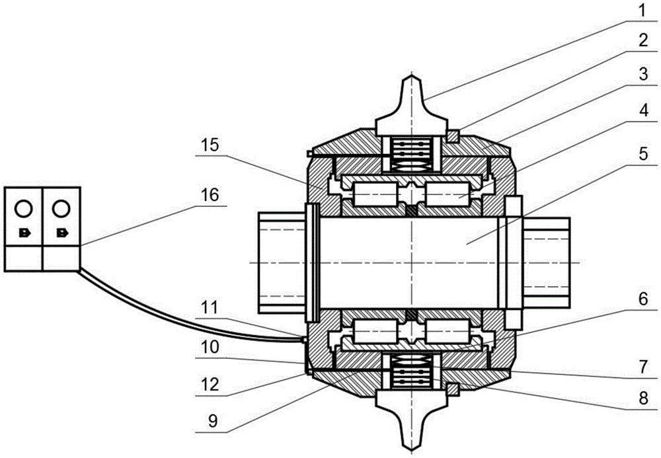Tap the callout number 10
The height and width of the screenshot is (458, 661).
[210, 348]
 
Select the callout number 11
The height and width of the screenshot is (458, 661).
[210, 307]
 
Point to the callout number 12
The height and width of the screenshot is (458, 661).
[210, 385]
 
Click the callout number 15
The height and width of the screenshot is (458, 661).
[210, 145]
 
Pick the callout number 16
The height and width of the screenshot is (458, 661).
[210, 195]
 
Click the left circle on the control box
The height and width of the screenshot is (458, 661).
[23, 208]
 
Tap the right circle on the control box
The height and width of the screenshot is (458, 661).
[61, 208]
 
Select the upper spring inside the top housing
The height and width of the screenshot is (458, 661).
[411, 154]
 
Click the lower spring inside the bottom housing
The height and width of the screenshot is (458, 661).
[411, 371]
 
